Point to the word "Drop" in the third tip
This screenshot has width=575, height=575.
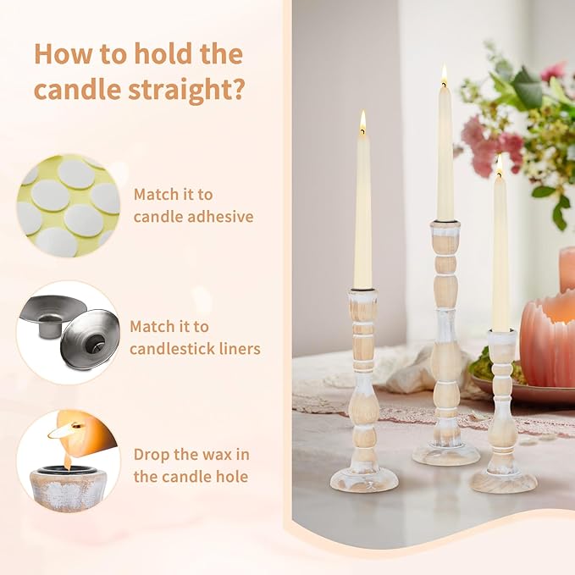click(153, 454)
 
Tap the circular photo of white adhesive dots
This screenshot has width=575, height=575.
click(69, 206)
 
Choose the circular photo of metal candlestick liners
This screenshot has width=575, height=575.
click(69, 333)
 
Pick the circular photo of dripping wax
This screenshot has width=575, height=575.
click(69, 461)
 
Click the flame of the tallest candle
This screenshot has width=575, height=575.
click(443, 76)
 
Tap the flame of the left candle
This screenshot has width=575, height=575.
click(362, 122)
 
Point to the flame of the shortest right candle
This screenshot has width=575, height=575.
click(500, 164)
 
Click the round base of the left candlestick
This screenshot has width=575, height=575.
click(363, 479)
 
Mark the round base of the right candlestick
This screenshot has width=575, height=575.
click(504, 481)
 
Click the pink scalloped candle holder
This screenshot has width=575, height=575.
click(549, 339)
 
